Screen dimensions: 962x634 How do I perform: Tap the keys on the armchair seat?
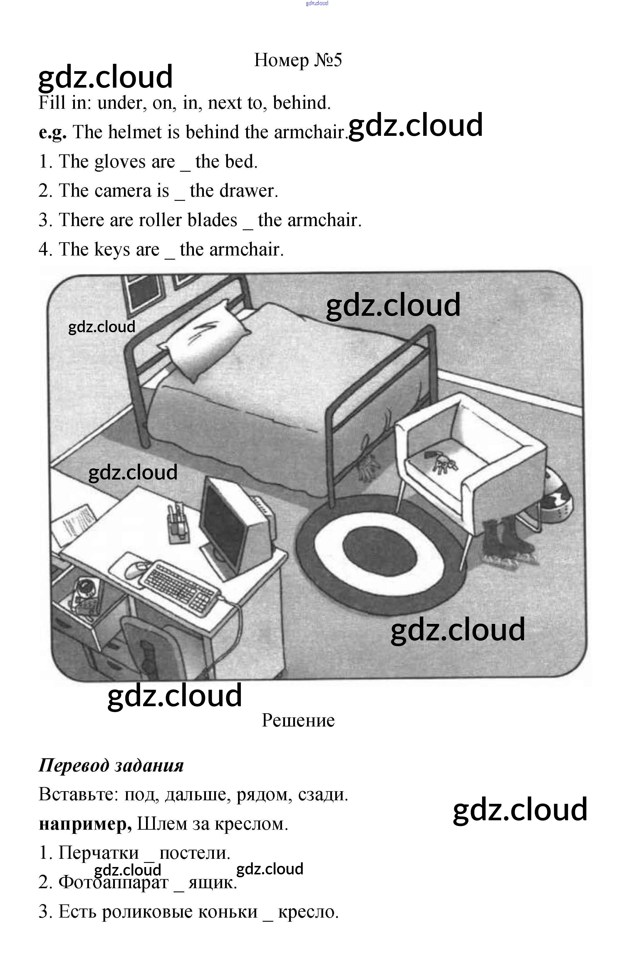[x=442, y=462]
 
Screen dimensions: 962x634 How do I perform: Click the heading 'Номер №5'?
[x=298, y=60]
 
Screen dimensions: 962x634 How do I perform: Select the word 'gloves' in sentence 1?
[x=120, y=162]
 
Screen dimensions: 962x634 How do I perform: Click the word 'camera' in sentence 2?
[x=123, y=191]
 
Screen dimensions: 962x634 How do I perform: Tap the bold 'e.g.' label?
[x=53, y=132]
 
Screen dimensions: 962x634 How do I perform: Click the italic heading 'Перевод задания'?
[x=111, y=765]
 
